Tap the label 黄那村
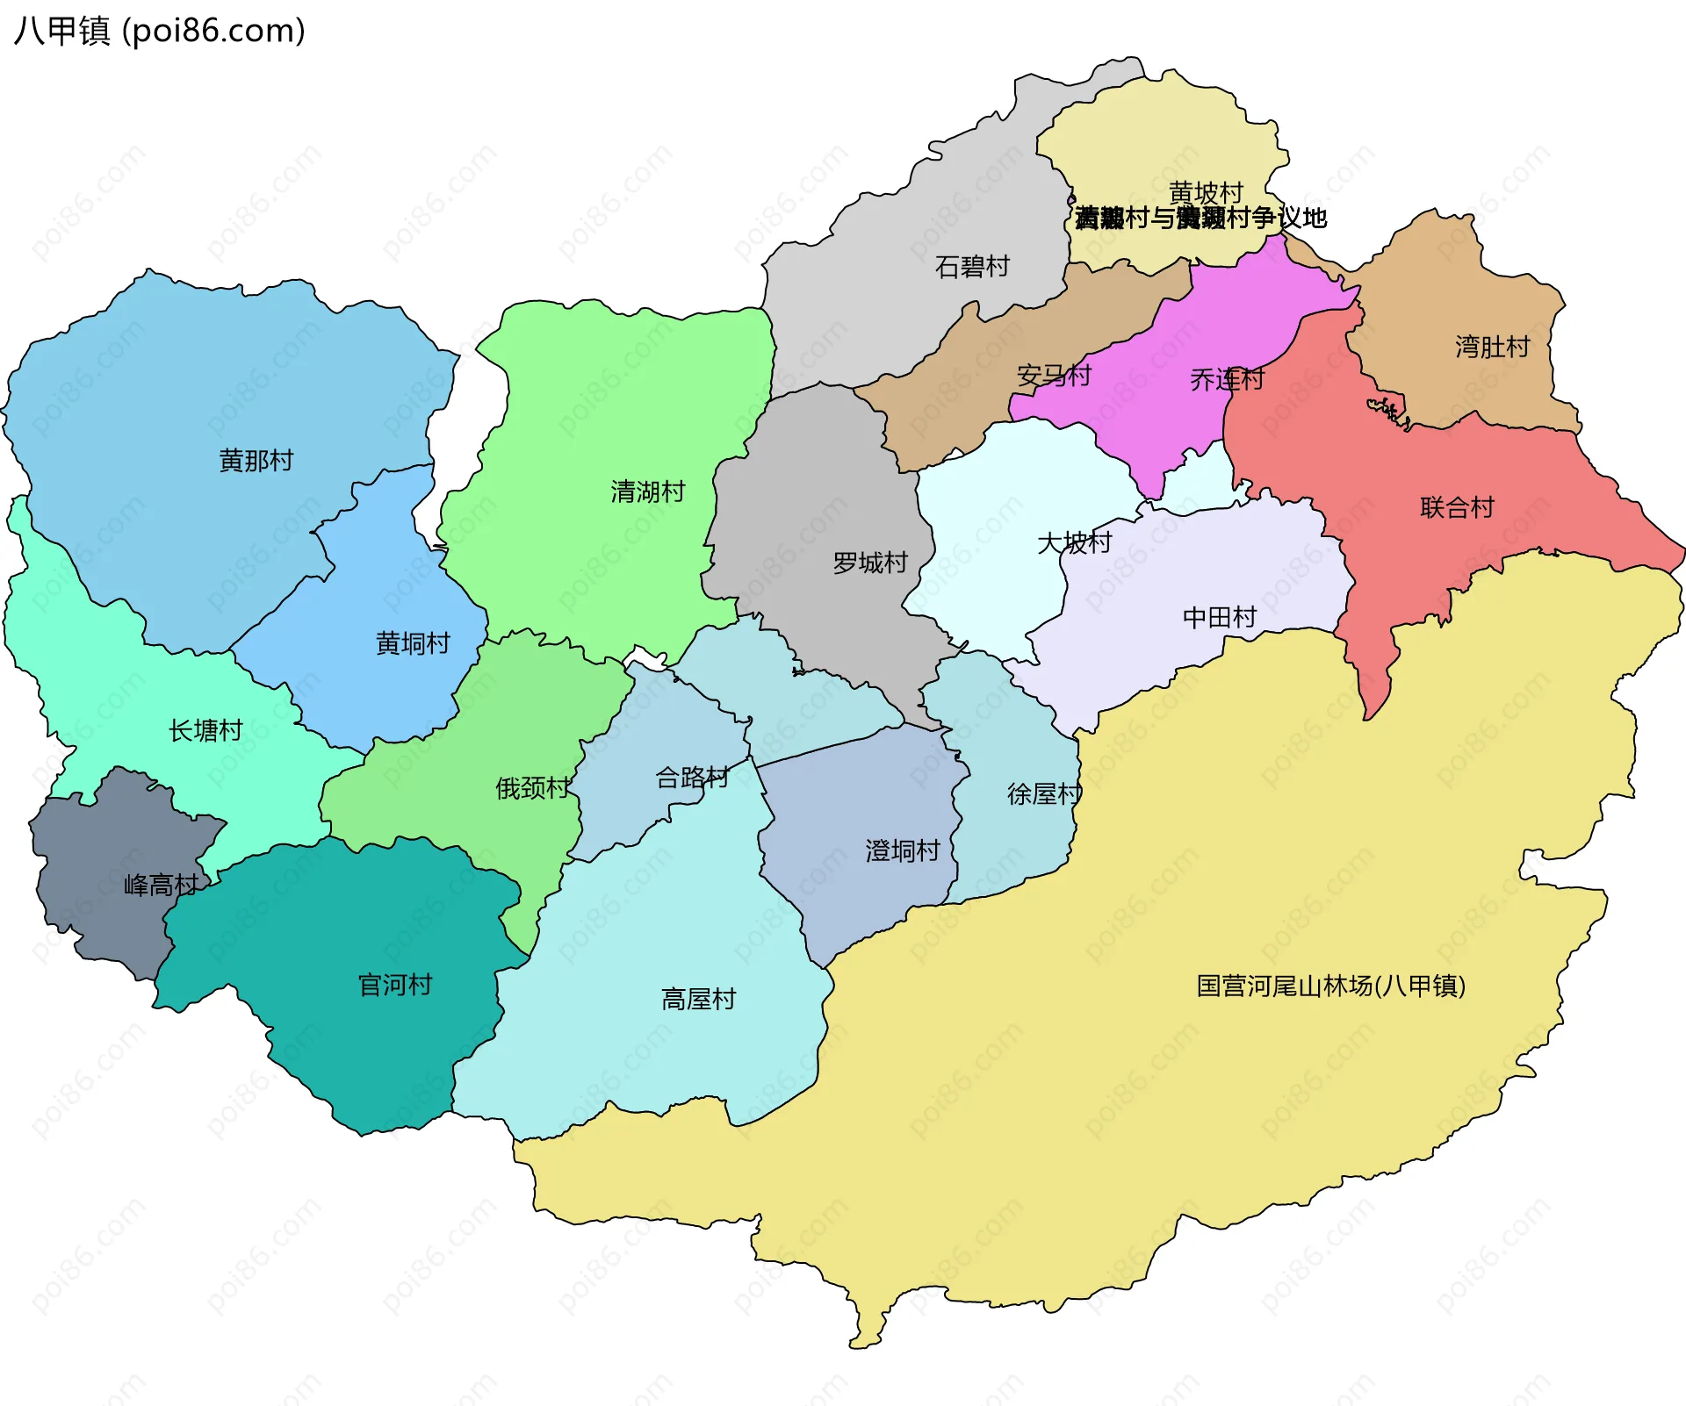[x=256, y=460]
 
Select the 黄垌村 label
[x=413, y=643]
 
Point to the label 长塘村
[x=205, y=730]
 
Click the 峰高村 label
[x=161, y=885]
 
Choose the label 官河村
[x=395, y=985]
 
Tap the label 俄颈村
[x=533, y=788]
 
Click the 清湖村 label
[x=648, y=491]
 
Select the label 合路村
[x=692, y=778]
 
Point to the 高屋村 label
[x=698, y=999]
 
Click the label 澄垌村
[x=903, y=850]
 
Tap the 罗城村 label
[x=870, y=563]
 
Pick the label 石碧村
[x=972, y=266]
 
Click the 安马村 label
[x=1054, y=376]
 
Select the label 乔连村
[x=1227, y=379]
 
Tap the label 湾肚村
[x=1492, y=347]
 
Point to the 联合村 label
[x=1457, y=507]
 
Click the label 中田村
[x=1220, y=617]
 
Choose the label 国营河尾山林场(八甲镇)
[x=1330, y=986]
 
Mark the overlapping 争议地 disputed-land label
[x=1200, y=218]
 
